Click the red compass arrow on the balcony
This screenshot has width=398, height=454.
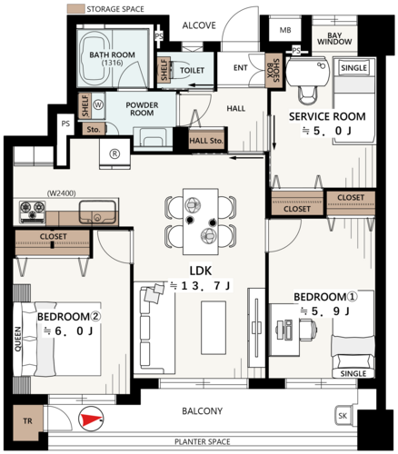pos(91,419)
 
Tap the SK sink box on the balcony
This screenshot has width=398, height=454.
pos(343,416)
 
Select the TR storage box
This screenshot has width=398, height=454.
pos(28,421)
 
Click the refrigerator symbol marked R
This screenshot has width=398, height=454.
pos(114,153)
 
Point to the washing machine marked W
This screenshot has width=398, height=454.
pos(98,105)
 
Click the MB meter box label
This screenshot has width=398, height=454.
pos(285,30)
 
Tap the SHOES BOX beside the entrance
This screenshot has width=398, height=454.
pos(274,71)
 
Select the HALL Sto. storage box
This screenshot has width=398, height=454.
pos(206,140)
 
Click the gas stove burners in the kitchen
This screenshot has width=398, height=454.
pos(32,212)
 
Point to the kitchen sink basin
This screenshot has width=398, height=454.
pos(97,212)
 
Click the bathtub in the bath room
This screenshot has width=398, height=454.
pos(95,59)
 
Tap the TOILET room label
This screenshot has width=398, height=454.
pos(192,71)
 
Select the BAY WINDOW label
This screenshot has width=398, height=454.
pos(334,39)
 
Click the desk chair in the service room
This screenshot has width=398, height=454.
pos(307,94)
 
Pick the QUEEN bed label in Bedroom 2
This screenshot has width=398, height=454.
pos(18,339)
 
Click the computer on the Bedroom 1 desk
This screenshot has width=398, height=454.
pos(284,330)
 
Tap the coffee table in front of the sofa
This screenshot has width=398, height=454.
pos(214,328)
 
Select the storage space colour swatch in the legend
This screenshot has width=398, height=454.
pos(75,8)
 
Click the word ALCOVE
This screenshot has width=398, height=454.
pos(199,25)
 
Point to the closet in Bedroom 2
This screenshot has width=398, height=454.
pos(53,242)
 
